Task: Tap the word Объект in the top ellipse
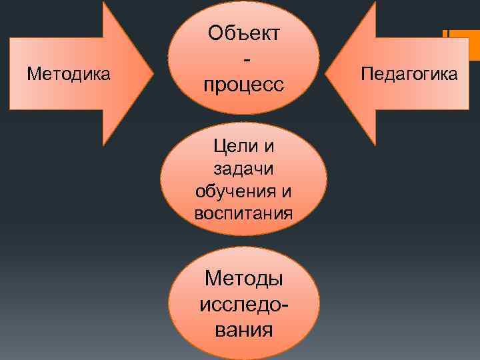point(244,33)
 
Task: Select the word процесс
point(244,85)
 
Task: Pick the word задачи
point(244,168)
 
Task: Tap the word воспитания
point(244,214)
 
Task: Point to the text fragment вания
point(244,329)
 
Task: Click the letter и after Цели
point(270,145)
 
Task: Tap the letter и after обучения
point(286,191)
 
